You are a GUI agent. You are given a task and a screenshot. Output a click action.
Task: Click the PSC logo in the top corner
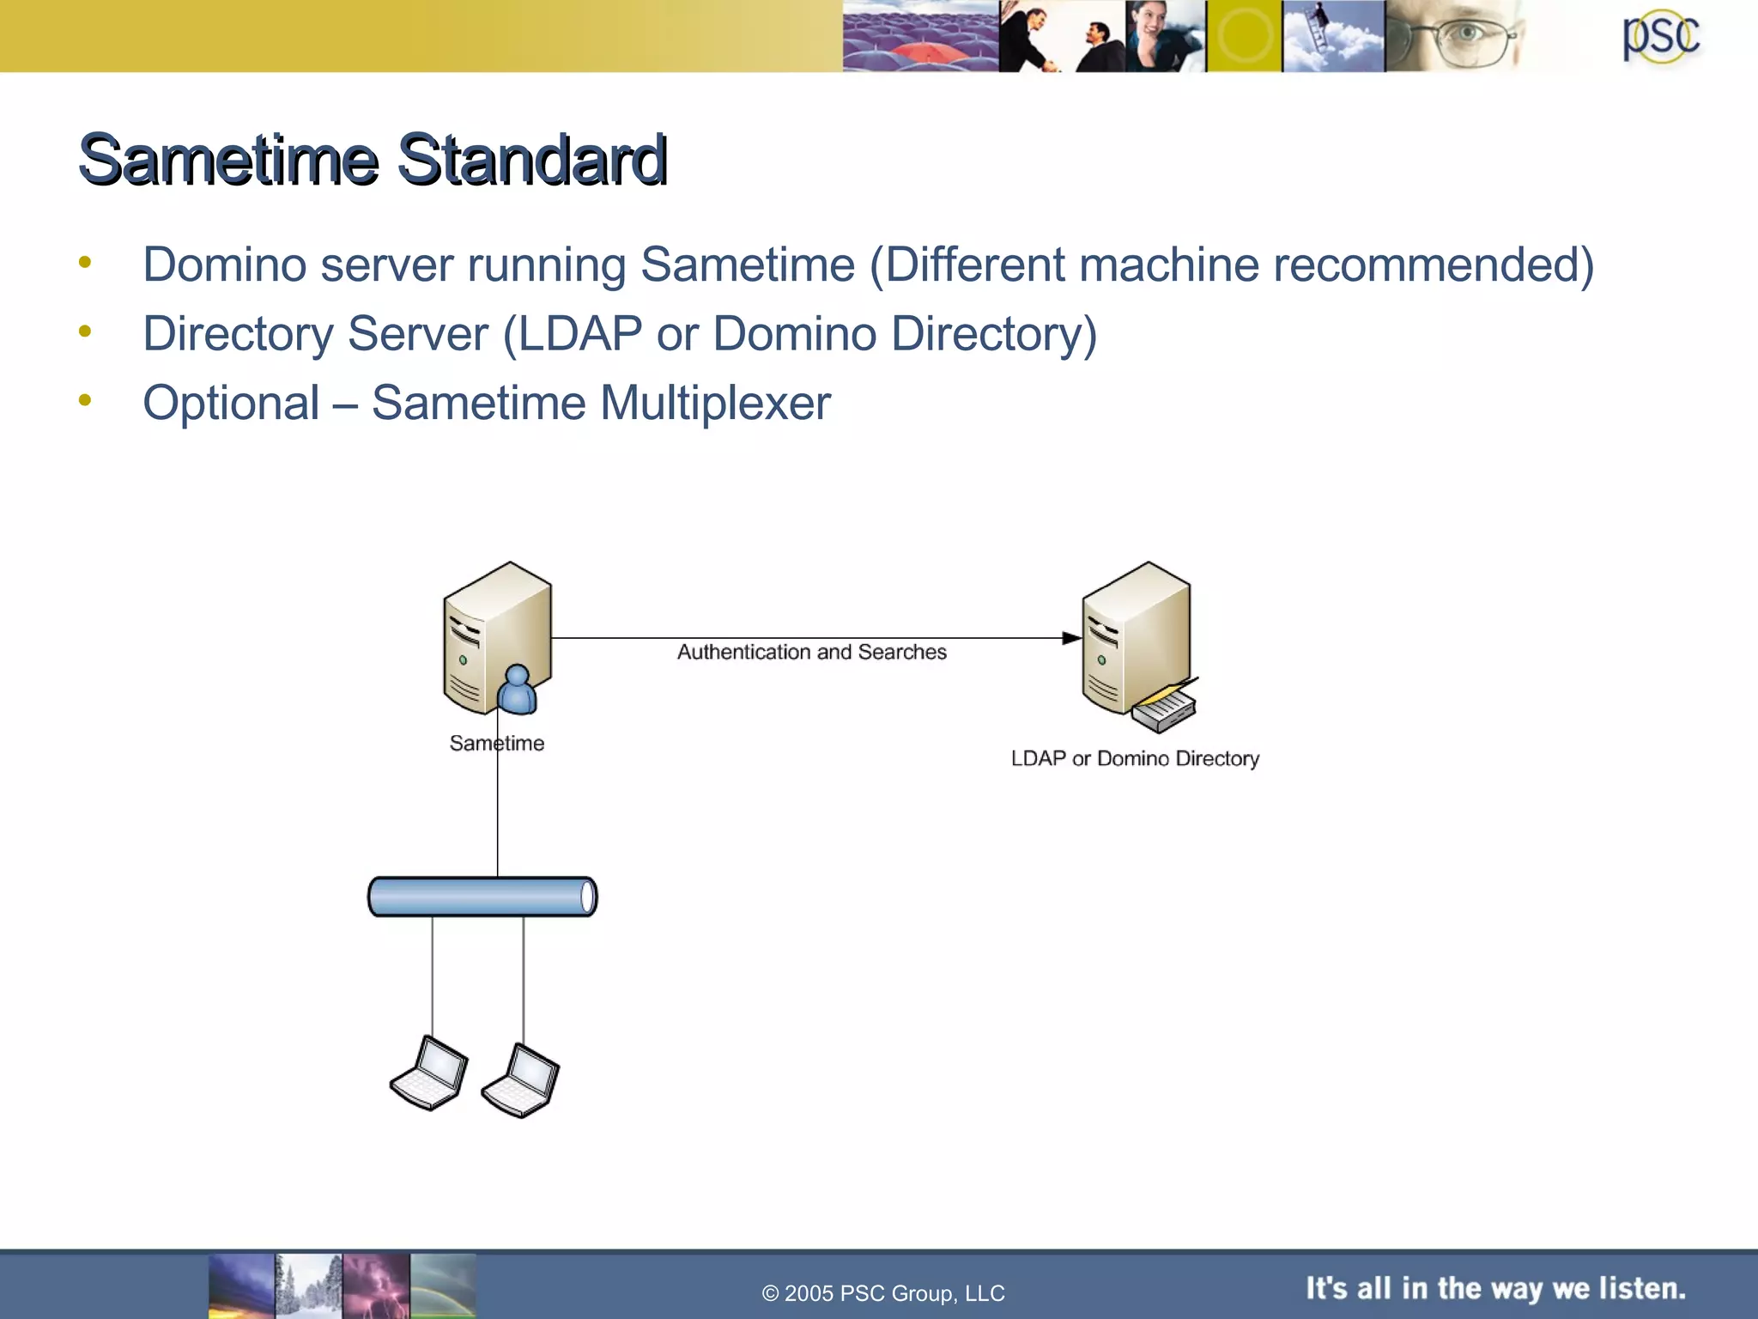coord(1660,37)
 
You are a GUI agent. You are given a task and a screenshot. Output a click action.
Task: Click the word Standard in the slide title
coord(531,160)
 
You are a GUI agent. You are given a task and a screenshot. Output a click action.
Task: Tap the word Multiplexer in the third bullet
coord(715,403)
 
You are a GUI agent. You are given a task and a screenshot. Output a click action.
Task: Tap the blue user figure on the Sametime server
coord(517,690)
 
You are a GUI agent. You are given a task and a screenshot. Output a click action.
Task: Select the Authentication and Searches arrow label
coord(811,652)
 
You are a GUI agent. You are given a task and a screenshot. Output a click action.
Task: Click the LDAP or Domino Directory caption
coord(1135,758)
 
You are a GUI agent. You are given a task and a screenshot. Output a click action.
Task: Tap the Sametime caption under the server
coord(497,743)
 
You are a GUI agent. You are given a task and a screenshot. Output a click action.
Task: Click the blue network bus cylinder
coord(482,897)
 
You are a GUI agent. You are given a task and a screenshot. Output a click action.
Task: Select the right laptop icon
coord(521,1080)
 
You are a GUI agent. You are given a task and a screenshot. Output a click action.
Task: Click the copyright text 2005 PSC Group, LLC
coord(883,1293)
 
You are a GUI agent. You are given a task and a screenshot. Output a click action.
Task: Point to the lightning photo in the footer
coord(375,1286)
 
